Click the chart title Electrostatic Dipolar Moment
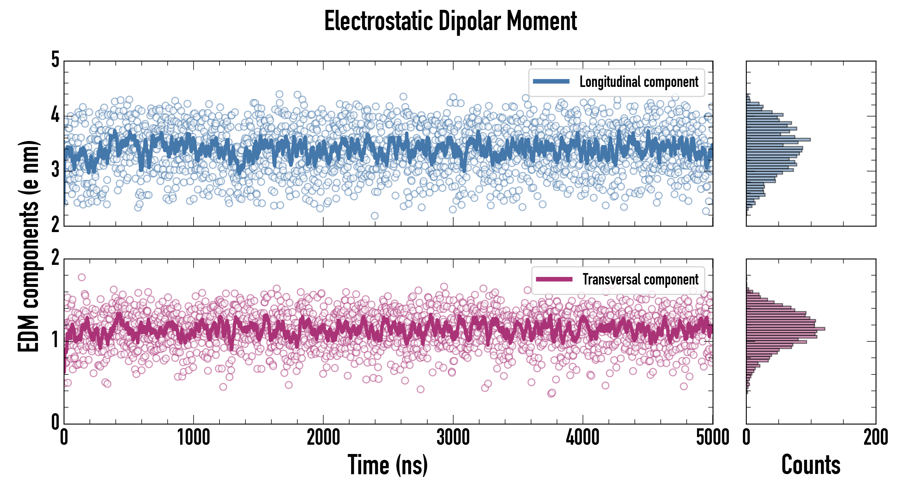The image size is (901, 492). [x=450, y=22]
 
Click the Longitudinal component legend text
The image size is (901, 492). [x=639, y=82]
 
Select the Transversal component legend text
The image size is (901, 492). [x=640, y=279]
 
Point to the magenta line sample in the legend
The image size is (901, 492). [x=554, y=279]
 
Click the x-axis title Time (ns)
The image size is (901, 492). [x=387, y=465]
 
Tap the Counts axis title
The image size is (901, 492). [x=811, y=465]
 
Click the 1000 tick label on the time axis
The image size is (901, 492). [x=193, y=438]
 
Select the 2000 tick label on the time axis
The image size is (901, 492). [x=323, y=438]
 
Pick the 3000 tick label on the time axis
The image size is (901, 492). [x=453, y=438]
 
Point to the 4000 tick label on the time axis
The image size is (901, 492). [x=583, y=438]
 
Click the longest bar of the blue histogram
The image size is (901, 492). [x=778, y=140]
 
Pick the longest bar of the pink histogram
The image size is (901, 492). [x=785, y=329]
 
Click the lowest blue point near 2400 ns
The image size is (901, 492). [x=375, y=216]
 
